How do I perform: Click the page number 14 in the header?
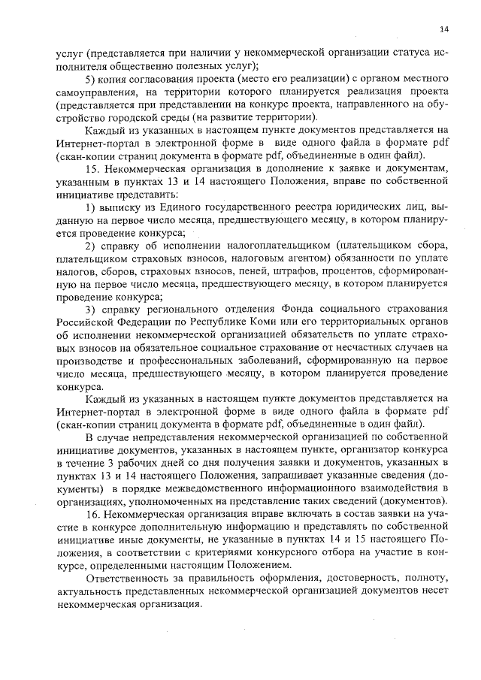click(443, 29)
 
